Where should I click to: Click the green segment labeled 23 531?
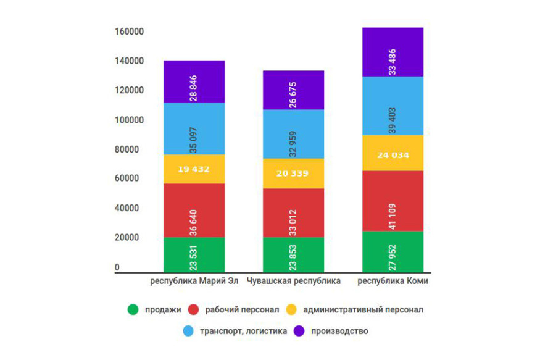[x=194, y=254]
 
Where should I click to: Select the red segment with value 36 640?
[x=194, y=210]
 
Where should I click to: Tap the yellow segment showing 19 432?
[x=194, y=169]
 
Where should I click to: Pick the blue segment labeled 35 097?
[x=194, y=128]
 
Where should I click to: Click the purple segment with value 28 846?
[x=194, y=82]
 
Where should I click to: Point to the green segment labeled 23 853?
[x=293, y=254]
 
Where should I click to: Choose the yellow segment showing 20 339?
[x=293, y=174]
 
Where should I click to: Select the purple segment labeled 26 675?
[x=293, y=90]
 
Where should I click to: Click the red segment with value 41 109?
[x=393, y=201]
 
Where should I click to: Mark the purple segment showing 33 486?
[x=393, y=52]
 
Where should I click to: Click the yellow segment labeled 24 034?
[x=393, y=153]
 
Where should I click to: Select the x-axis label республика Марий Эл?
[x=194, y=282]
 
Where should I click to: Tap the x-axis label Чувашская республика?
[x=293, y=282]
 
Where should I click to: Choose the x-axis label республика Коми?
[x=393, y=282]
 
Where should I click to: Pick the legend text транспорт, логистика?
[x=243, y=332]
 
